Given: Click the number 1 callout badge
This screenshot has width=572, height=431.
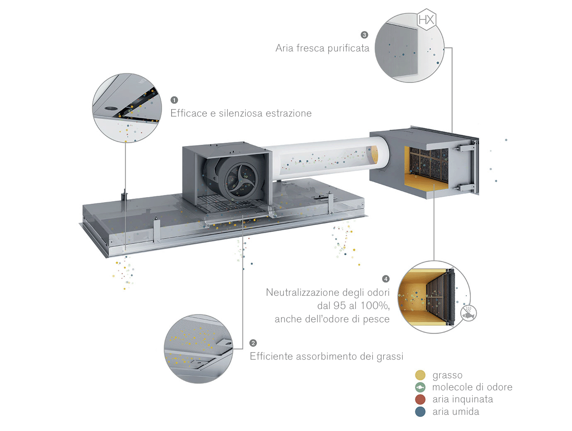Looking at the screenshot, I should click(174, 100).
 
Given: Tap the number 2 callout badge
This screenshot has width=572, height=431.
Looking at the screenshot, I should click(253, 343).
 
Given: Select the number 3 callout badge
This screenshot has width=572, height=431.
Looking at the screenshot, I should click(364, 35).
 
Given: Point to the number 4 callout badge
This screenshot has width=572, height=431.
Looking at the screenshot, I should click(386, 279).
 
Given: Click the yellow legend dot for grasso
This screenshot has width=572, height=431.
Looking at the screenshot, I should click(420, 375).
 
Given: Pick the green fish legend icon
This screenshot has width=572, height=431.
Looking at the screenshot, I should click(420, 387).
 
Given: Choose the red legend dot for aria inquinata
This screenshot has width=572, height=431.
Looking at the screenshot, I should click(420, 399).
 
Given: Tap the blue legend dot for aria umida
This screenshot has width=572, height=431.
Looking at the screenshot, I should click(420, 412).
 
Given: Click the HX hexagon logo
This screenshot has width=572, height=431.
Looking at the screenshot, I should click(426, 20).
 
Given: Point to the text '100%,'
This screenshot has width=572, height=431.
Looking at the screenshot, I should click(375, 306).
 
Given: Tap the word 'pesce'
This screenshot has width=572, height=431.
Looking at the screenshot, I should click(376, 319).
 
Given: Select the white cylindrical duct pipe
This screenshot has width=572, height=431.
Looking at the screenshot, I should click(327, 160).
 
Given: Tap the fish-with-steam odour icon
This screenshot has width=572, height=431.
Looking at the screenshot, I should click(469, 313).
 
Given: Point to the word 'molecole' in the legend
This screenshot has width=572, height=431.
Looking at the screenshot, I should click(451, 387).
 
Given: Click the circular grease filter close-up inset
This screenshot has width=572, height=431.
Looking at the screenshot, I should click(198, 348).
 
